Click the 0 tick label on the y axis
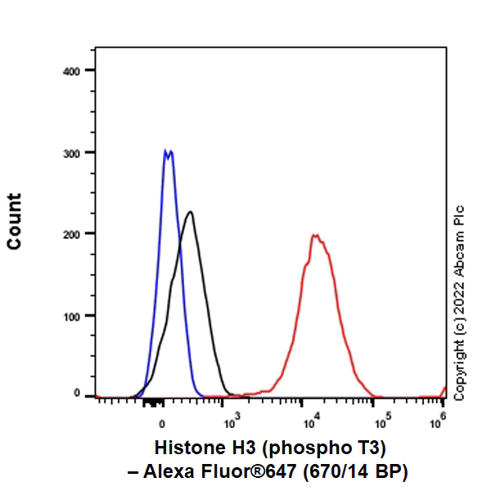78,394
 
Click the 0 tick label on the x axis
162,424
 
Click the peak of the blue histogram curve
168,151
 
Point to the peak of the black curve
191,212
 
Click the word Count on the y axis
15,221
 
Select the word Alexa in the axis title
166,471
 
